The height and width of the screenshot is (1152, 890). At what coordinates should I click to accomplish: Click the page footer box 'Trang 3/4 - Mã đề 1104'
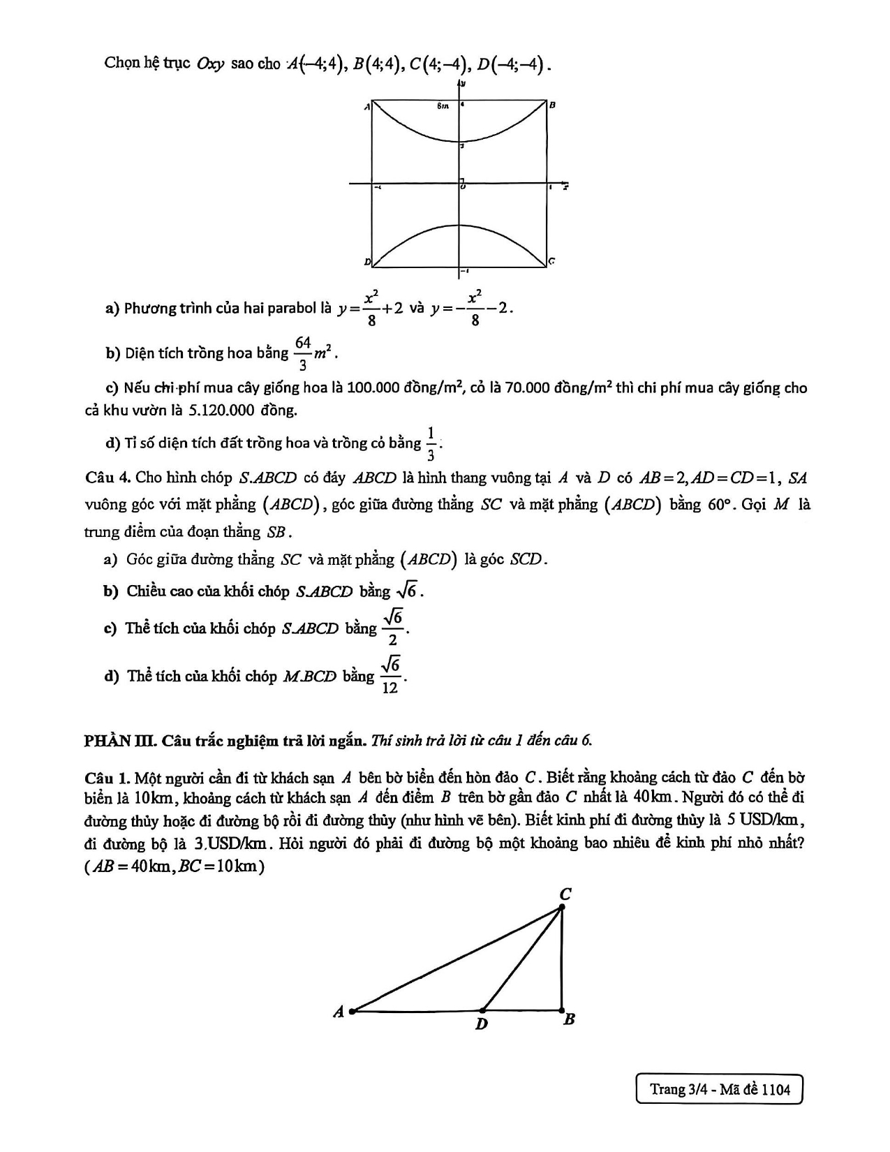[719, 1089]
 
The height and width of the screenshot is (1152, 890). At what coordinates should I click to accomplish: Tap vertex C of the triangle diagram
[562, 907]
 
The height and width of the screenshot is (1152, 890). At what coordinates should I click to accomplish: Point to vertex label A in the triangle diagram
[339, 1012]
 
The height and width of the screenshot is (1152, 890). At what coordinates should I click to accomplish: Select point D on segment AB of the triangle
[483, 1010]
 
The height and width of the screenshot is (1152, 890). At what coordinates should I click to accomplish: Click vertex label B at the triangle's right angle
[569, 1019]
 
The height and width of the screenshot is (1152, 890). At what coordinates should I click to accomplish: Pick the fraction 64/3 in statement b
[302, 353]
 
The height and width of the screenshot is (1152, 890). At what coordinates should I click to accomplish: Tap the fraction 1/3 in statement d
[431, 443]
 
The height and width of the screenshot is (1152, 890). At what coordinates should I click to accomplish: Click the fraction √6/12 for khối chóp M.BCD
[391, 674]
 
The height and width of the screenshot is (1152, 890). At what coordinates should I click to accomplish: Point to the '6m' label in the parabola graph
[443, 107]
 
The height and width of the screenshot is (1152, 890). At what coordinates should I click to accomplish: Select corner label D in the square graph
[366, 262]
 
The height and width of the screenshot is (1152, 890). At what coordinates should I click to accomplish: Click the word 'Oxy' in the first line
[210, 64]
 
